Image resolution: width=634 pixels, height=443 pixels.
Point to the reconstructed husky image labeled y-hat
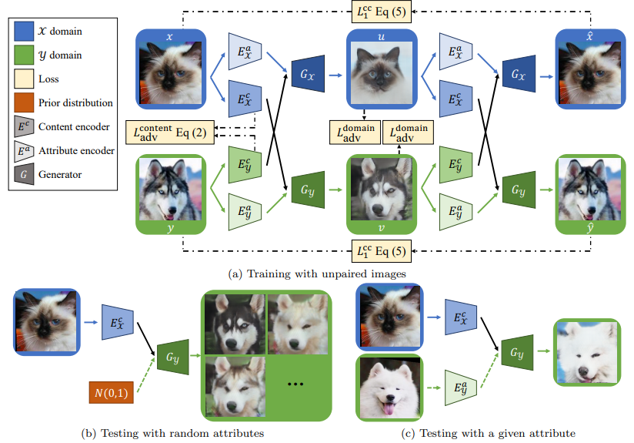pyautogui.click(x=588, y=190)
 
